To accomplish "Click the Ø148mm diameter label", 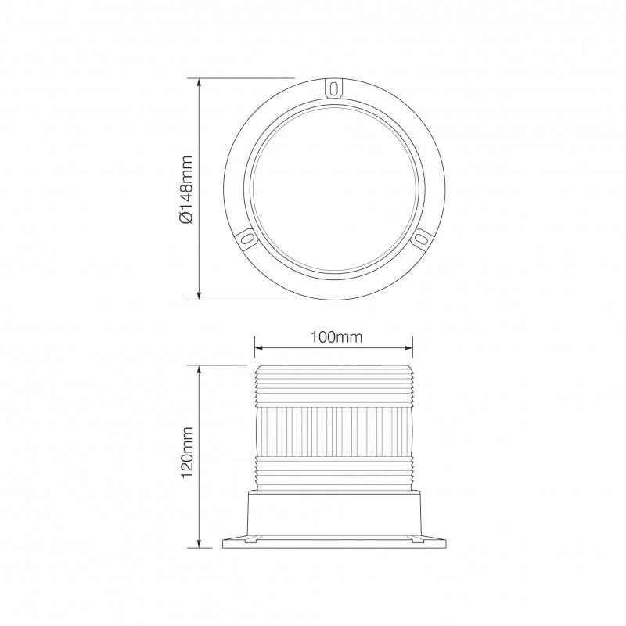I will coord(185,189).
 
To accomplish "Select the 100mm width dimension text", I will coord(334,337).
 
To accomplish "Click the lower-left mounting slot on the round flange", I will coord(245,236).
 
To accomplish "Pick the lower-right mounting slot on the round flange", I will coord(422,236).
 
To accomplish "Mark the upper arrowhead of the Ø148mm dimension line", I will coord(201,82).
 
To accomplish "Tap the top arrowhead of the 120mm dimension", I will coord(201,369).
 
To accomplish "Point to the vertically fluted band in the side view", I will coord(334,430).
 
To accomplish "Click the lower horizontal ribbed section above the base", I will coord(334,473).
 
